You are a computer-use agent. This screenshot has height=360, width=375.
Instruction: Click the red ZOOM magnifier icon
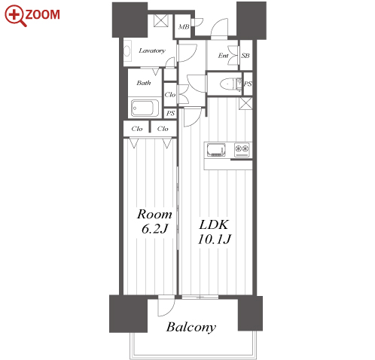click(x=16, y=16)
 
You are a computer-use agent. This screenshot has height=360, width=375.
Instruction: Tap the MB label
click(x=184, y=26)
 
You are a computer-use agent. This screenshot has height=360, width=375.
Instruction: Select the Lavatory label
click(x=152, y=50)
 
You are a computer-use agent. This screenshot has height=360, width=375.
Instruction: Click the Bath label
click(x=144, y=83)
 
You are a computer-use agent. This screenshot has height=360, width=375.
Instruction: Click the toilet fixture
click(x=230, y=84)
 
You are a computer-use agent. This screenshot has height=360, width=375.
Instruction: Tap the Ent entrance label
click(x=223, y=56)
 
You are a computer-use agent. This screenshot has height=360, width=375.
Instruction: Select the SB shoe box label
click(x=245, y=56)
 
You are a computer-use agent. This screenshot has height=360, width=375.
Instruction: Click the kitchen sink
click(x=216, y=150)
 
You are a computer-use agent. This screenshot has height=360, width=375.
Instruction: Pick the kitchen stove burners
click(x=242, y=150)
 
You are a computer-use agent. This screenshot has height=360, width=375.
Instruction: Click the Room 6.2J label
click(x=154, y=221)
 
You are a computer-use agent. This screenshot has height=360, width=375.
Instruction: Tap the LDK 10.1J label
click(x=215, y=232)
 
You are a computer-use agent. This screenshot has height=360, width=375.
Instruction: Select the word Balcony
click(x=191, y=327)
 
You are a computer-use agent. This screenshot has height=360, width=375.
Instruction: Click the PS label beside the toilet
click(x=248, y=84)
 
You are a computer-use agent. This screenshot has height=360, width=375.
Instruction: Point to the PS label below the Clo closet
click(x=170, y=114)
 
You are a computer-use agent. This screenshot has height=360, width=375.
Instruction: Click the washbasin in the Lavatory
click(x=127, y=51)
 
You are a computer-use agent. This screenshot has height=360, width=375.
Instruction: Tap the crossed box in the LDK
click(x=245, y=103)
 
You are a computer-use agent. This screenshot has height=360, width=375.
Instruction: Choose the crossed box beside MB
click(x=160, y=20)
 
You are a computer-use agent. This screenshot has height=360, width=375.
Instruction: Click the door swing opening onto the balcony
click(x=166, y=306)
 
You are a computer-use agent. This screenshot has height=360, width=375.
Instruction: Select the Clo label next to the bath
click(x=170, y=95)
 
